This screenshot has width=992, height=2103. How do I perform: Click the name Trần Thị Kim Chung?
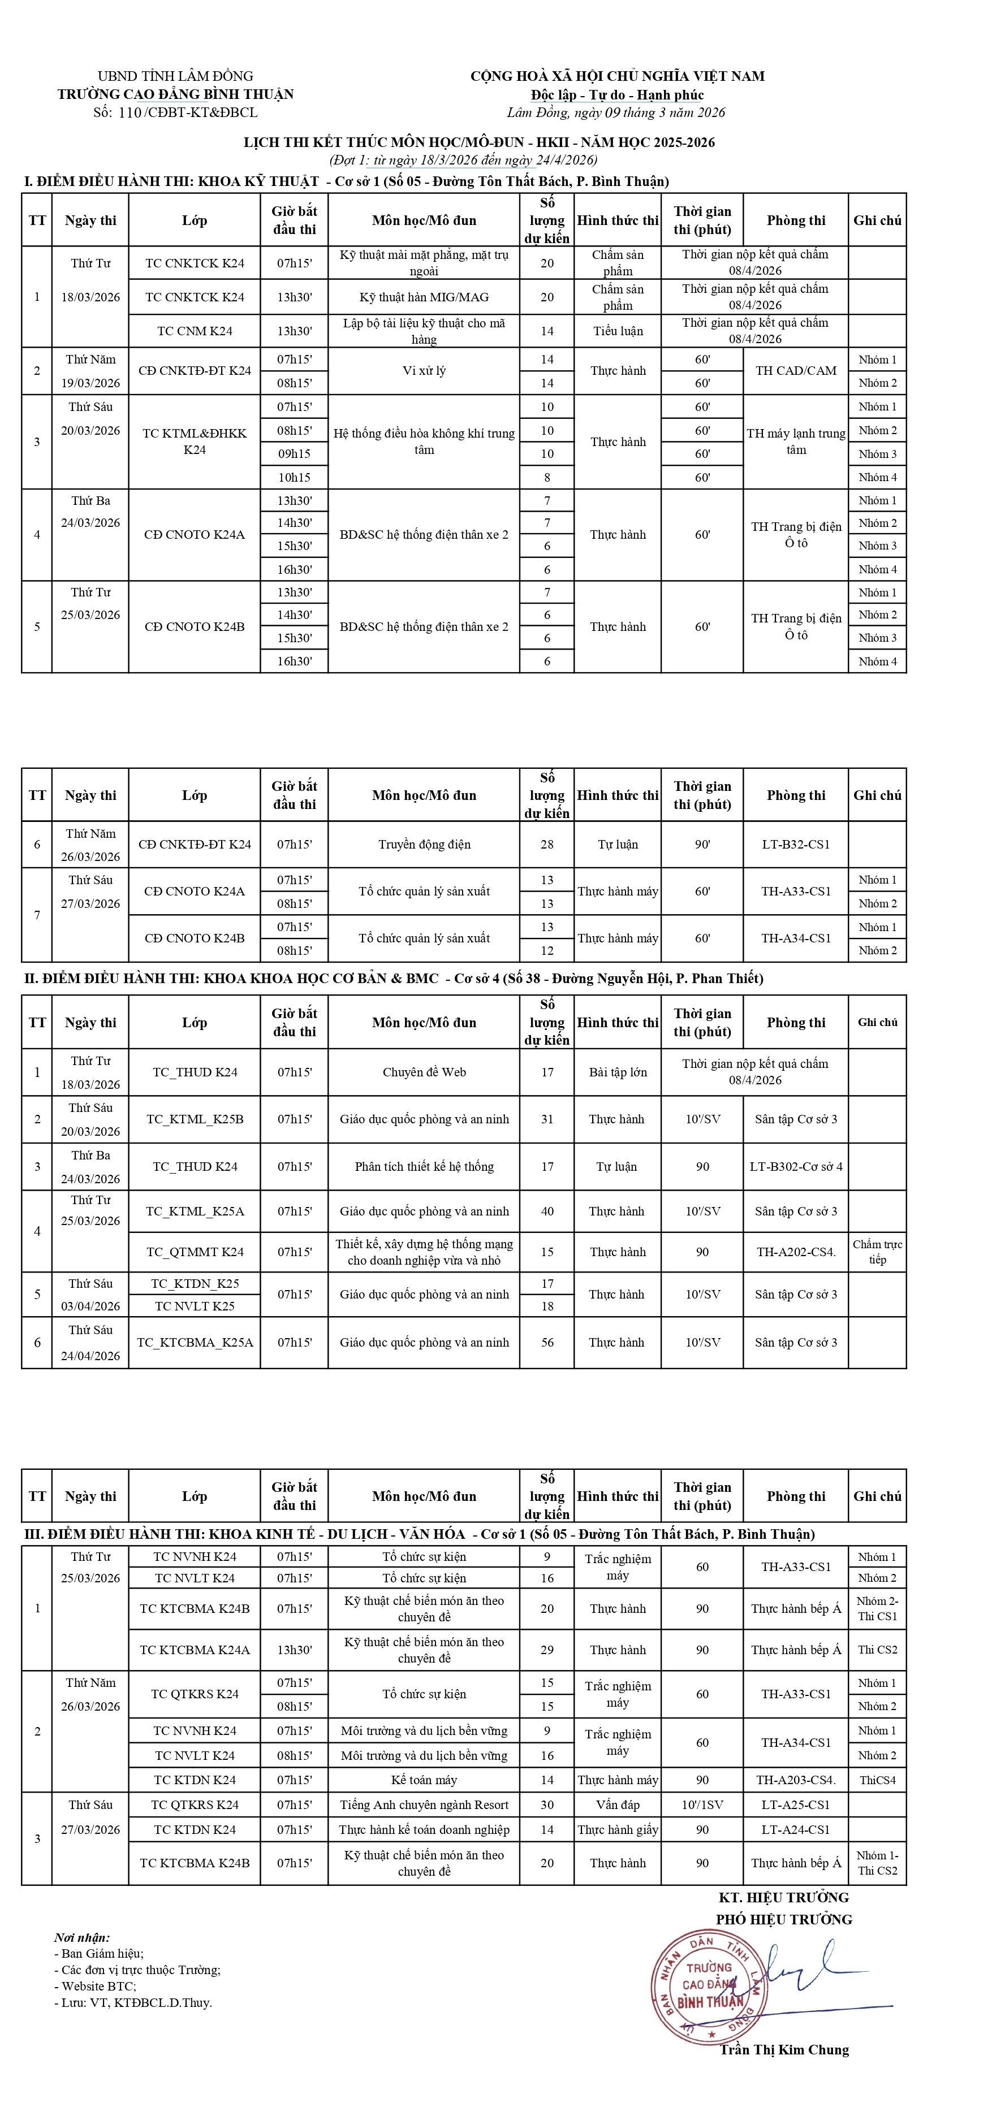[784, 2049]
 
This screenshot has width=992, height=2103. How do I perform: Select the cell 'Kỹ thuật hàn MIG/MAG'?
[424, 297]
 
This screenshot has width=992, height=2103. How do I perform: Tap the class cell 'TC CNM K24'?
[195, 331]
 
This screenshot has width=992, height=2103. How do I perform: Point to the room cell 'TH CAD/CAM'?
[795, 371]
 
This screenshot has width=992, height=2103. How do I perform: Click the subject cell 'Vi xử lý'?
[424, 371]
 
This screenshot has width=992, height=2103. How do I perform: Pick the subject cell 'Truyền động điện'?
[424, 844]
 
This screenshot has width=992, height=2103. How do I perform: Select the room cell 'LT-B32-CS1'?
[795, 844]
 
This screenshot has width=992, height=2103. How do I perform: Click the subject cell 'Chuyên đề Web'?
[424, 1072]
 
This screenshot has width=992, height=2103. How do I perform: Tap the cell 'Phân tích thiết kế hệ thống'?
[424, 1167]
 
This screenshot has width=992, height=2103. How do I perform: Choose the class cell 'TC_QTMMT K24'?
[195, 1252]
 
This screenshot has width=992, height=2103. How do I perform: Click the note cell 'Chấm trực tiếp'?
[877, 1252]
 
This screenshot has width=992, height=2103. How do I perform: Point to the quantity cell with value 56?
[547, 1342]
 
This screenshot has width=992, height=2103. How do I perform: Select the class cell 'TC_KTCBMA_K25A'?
[195, 1342]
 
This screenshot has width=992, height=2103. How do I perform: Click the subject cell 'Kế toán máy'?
[424, 1780]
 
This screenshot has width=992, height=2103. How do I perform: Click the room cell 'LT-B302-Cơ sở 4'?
[795, 1167]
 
